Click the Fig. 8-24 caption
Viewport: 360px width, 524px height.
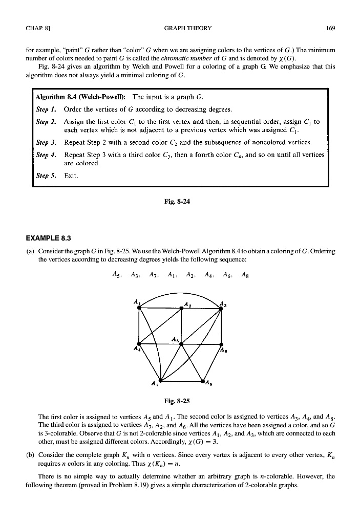(180, 201)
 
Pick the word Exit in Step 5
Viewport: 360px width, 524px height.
(71, 176)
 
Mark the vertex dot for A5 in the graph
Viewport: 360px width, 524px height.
(181, 344)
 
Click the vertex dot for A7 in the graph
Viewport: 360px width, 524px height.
(160, 381)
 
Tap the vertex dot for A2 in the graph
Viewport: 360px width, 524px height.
(181, 308)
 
